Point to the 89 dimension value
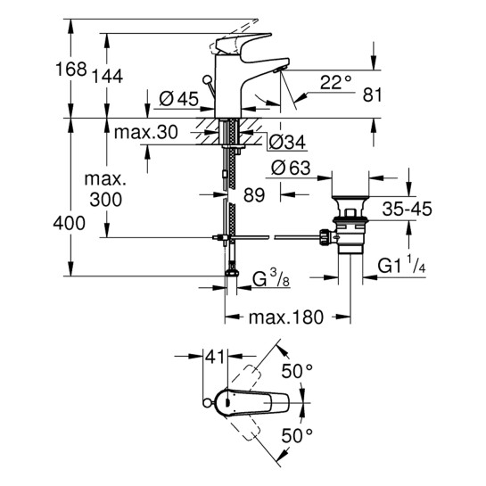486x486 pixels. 255,196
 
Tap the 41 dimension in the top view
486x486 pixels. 213,357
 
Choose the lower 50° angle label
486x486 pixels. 298,435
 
